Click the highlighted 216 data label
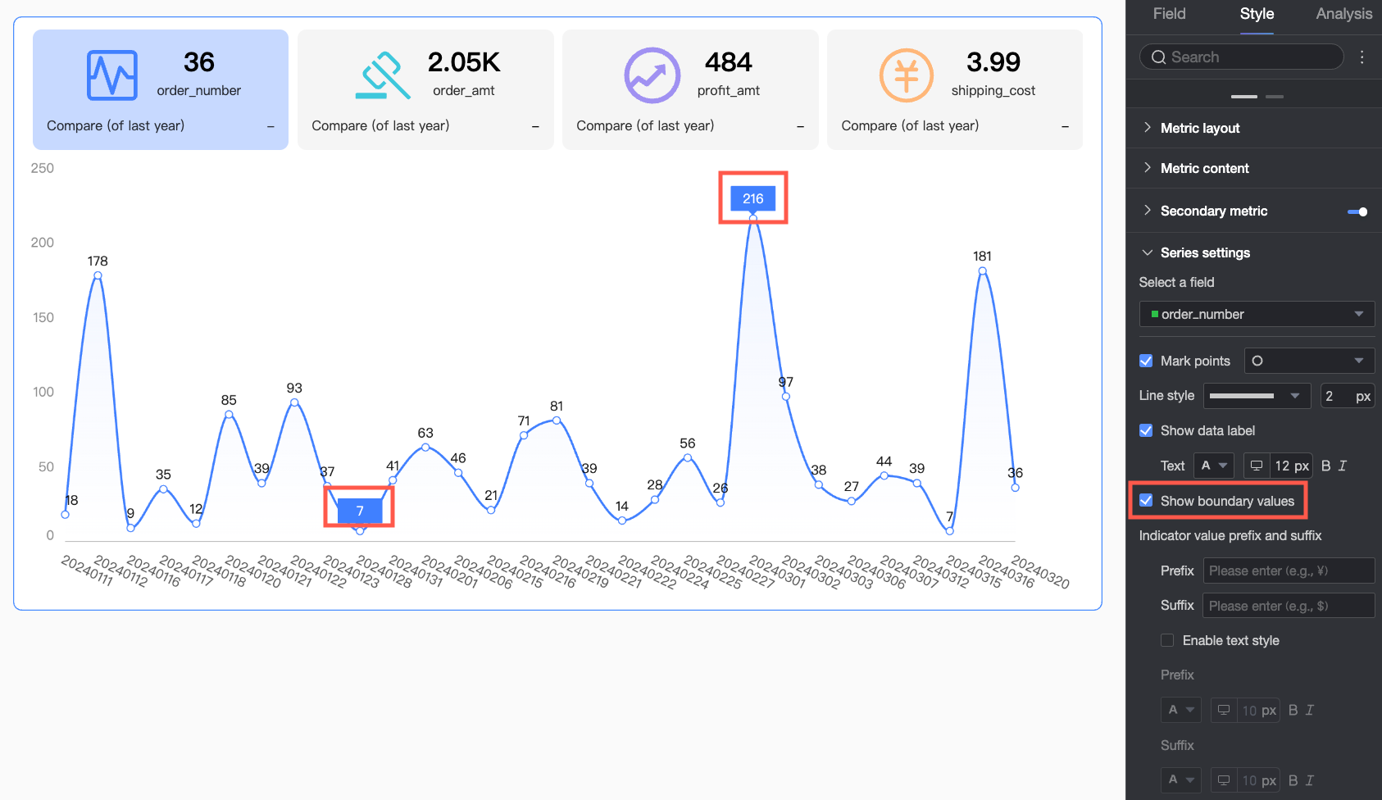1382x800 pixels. [752, 198]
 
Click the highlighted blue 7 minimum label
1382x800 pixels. [360, 511]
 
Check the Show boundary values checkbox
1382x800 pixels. [1146, 501]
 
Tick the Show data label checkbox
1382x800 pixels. [1146, 430]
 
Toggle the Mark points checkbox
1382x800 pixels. [1146, 361]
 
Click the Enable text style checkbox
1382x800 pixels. [1167, 640]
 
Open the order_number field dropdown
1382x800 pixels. [1256, 314]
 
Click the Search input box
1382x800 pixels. [1241, 57]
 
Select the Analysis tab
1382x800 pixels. [1343, 14]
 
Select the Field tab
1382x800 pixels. [1169, 14]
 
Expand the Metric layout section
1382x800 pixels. [1199, 128]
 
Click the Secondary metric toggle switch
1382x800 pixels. [1357, 211]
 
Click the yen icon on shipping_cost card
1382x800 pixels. [906, 75]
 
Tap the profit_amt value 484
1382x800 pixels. [728, 62]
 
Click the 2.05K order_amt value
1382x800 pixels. [464, 62]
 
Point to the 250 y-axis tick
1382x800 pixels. [43, 168]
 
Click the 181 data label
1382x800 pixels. [982, 257]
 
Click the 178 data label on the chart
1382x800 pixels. [98, 261]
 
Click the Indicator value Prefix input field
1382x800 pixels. [1288, 570]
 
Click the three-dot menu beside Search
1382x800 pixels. [1362, 57]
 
